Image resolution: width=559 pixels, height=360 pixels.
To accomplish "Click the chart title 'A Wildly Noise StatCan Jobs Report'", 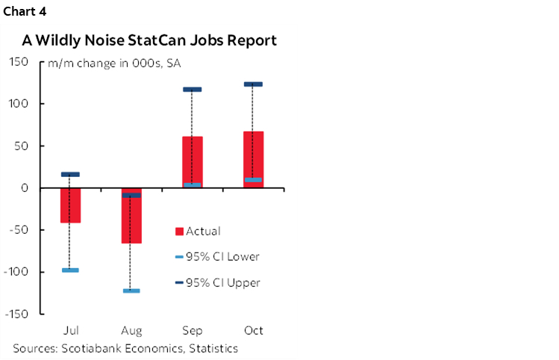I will pos(149,40).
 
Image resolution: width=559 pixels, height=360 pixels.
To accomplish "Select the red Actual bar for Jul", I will pos(70,205).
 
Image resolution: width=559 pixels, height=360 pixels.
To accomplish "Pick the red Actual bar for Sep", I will pos(193,160).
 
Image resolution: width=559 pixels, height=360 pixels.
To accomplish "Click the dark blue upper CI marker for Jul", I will pos(70,174).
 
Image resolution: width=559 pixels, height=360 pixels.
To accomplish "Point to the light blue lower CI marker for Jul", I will pos(70,270).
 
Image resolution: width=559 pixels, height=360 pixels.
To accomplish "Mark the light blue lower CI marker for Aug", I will pos(131,291).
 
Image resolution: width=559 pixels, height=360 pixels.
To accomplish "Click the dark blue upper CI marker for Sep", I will pos(193,90).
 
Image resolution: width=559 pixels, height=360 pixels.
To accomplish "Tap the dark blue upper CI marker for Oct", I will pos(253,84).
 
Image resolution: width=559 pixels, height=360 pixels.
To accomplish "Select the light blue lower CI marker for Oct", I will pos(253,179).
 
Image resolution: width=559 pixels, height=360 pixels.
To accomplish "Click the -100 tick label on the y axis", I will pos(16,272).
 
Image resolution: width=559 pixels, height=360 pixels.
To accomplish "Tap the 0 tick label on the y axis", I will pos(25,188).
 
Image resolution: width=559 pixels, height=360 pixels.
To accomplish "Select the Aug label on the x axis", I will pos(131,329).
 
